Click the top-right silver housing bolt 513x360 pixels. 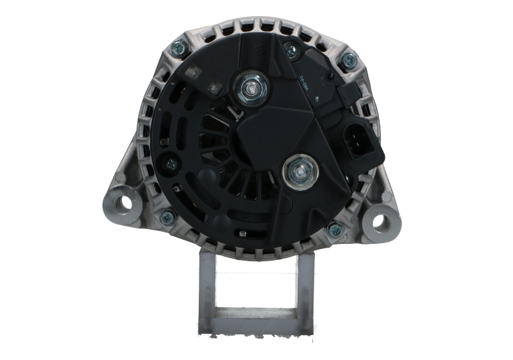click(348, 61)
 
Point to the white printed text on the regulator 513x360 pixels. click(305, 83)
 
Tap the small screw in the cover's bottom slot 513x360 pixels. click(242, 234)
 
